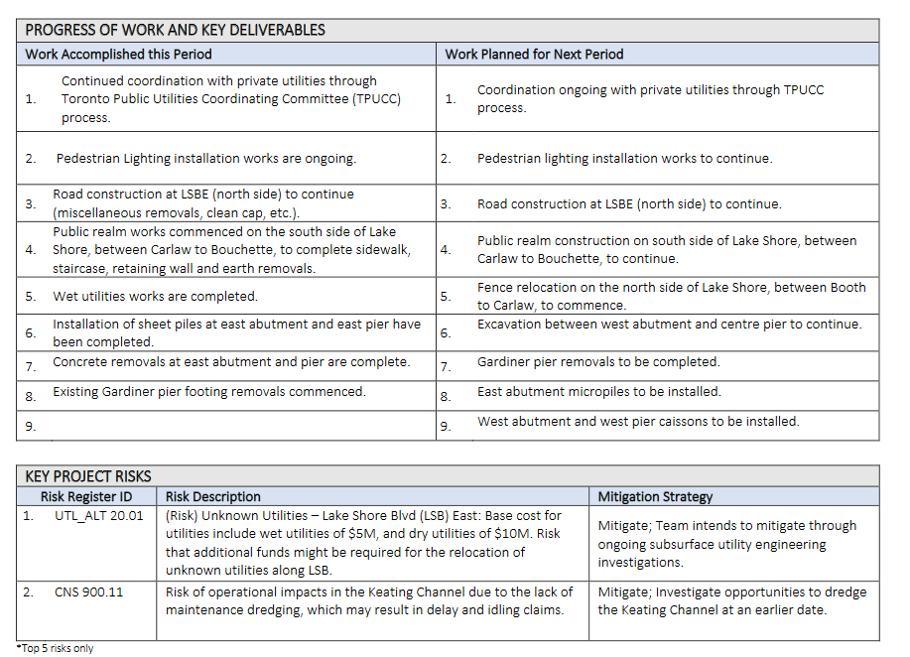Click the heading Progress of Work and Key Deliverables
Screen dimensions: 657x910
(175, 30)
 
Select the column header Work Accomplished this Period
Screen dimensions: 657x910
(118, 54)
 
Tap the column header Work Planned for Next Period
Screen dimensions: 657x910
(534, 54)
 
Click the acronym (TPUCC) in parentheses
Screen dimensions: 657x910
(365, 99)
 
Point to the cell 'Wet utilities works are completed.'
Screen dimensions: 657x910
(155, 296)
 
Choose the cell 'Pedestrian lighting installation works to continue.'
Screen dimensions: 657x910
(624, 158)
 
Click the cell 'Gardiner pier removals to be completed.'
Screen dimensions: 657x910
(598, 362)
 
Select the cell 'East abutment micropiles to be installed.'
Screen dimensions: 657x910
(598, 392)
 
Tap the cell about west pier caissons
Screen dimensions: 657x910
(637, 422)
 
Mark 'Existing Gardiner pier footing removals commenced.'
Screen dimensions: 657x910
(209, 392)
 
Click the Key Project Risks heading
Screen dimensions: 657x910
(88, 476)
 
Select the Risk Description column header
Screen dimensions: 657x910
(213, 496)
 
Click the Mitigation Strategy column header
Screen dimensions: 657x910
(655, 496)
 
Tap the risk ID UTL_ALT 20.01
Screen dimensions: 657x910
(98, 516)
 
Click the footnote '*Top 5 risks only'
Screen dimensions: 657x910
(56, 648)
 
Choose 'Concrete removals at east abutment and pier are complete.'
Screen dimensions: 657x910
(231, 362)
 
